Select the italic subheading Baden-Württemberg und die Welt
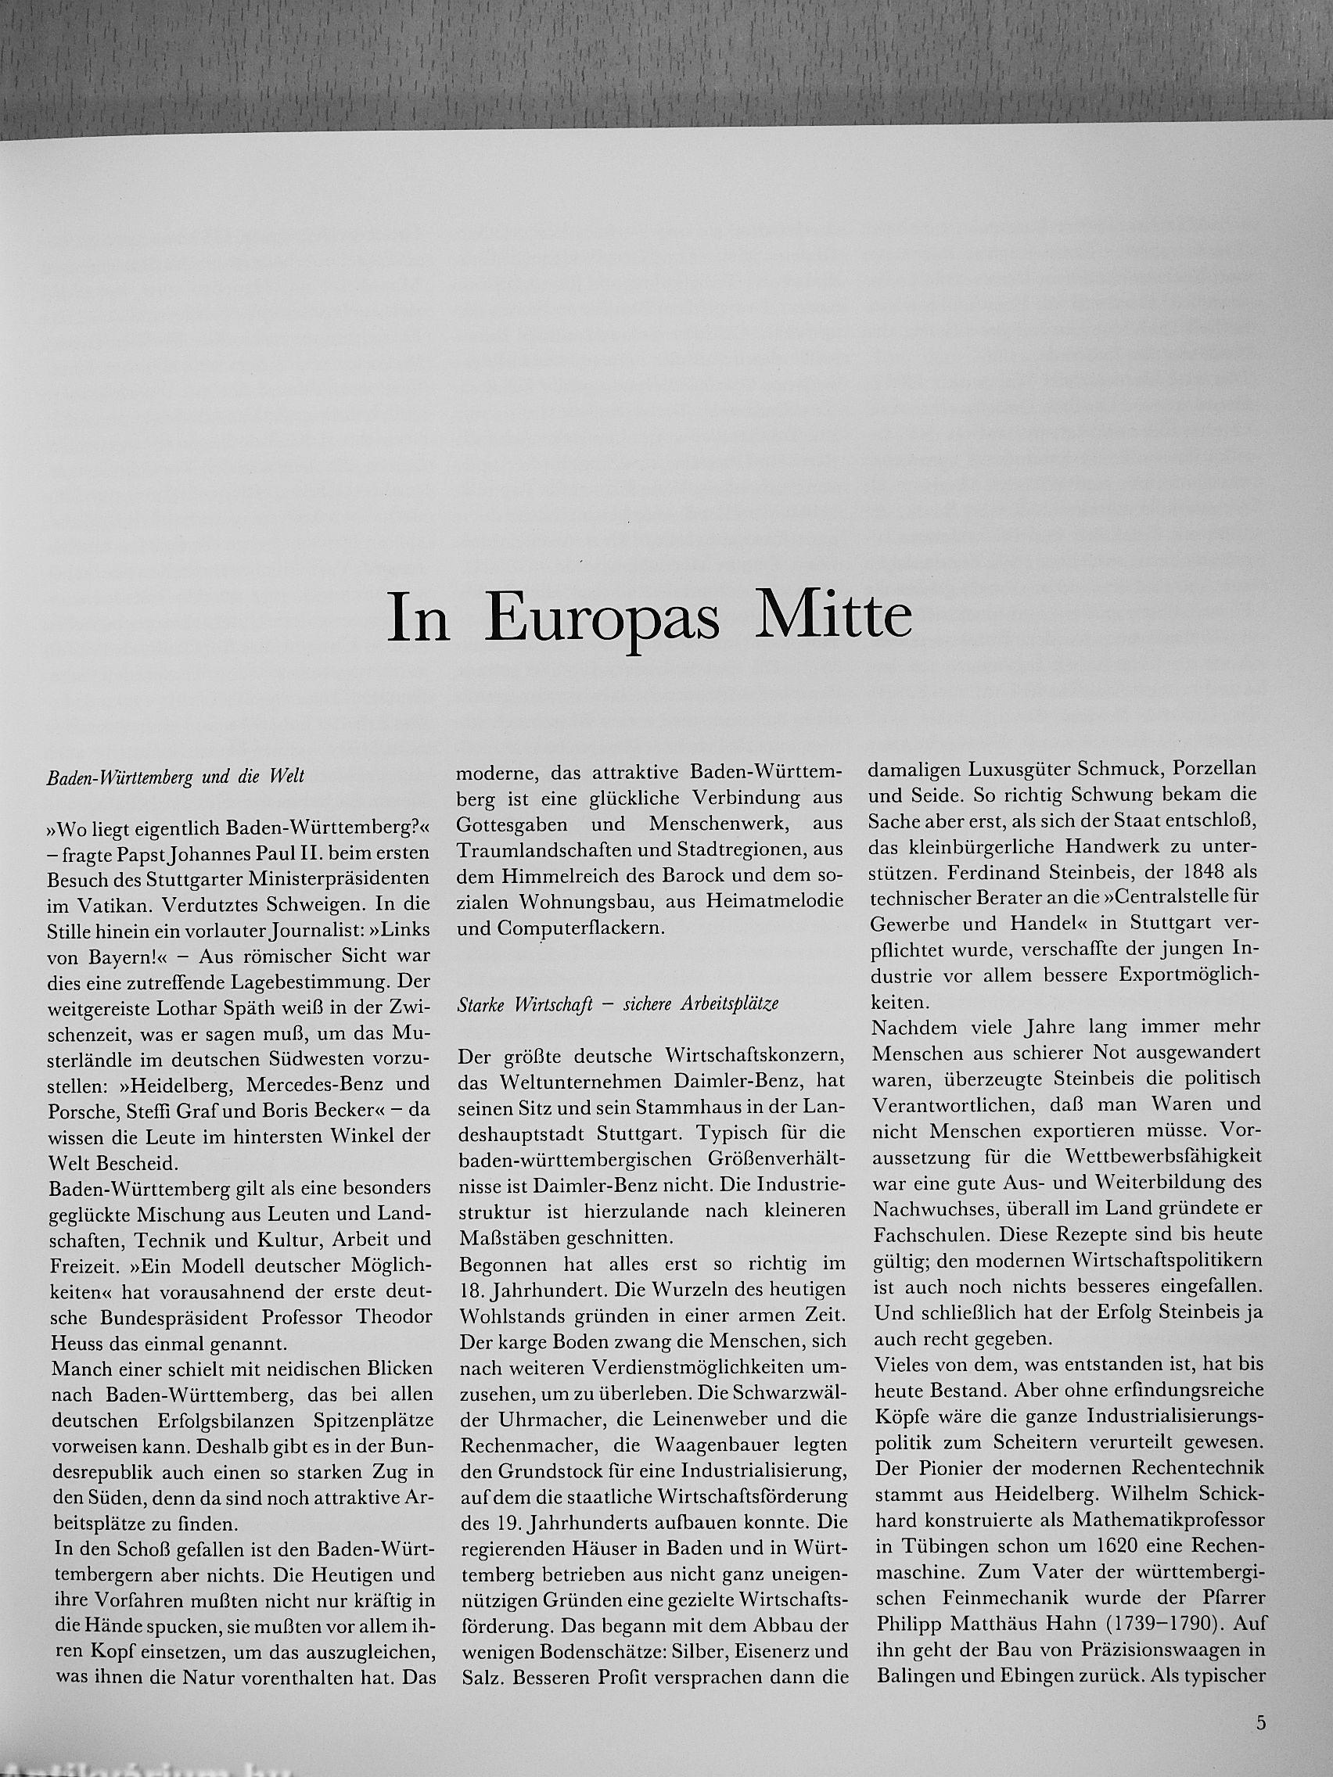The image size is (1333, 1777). point(174,778)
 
